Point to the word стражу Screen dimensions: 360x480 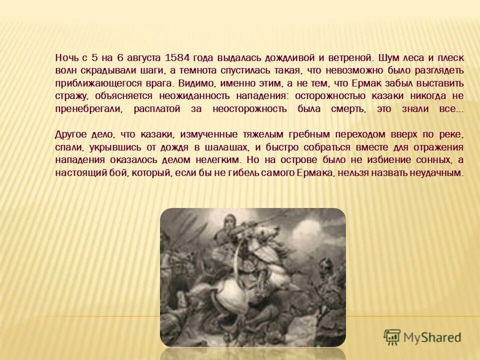coord(71,95)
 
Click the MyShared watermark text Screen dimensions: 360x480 coord(433,337)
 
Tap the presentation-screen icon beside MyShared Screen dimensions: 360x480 coord(392,337)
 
